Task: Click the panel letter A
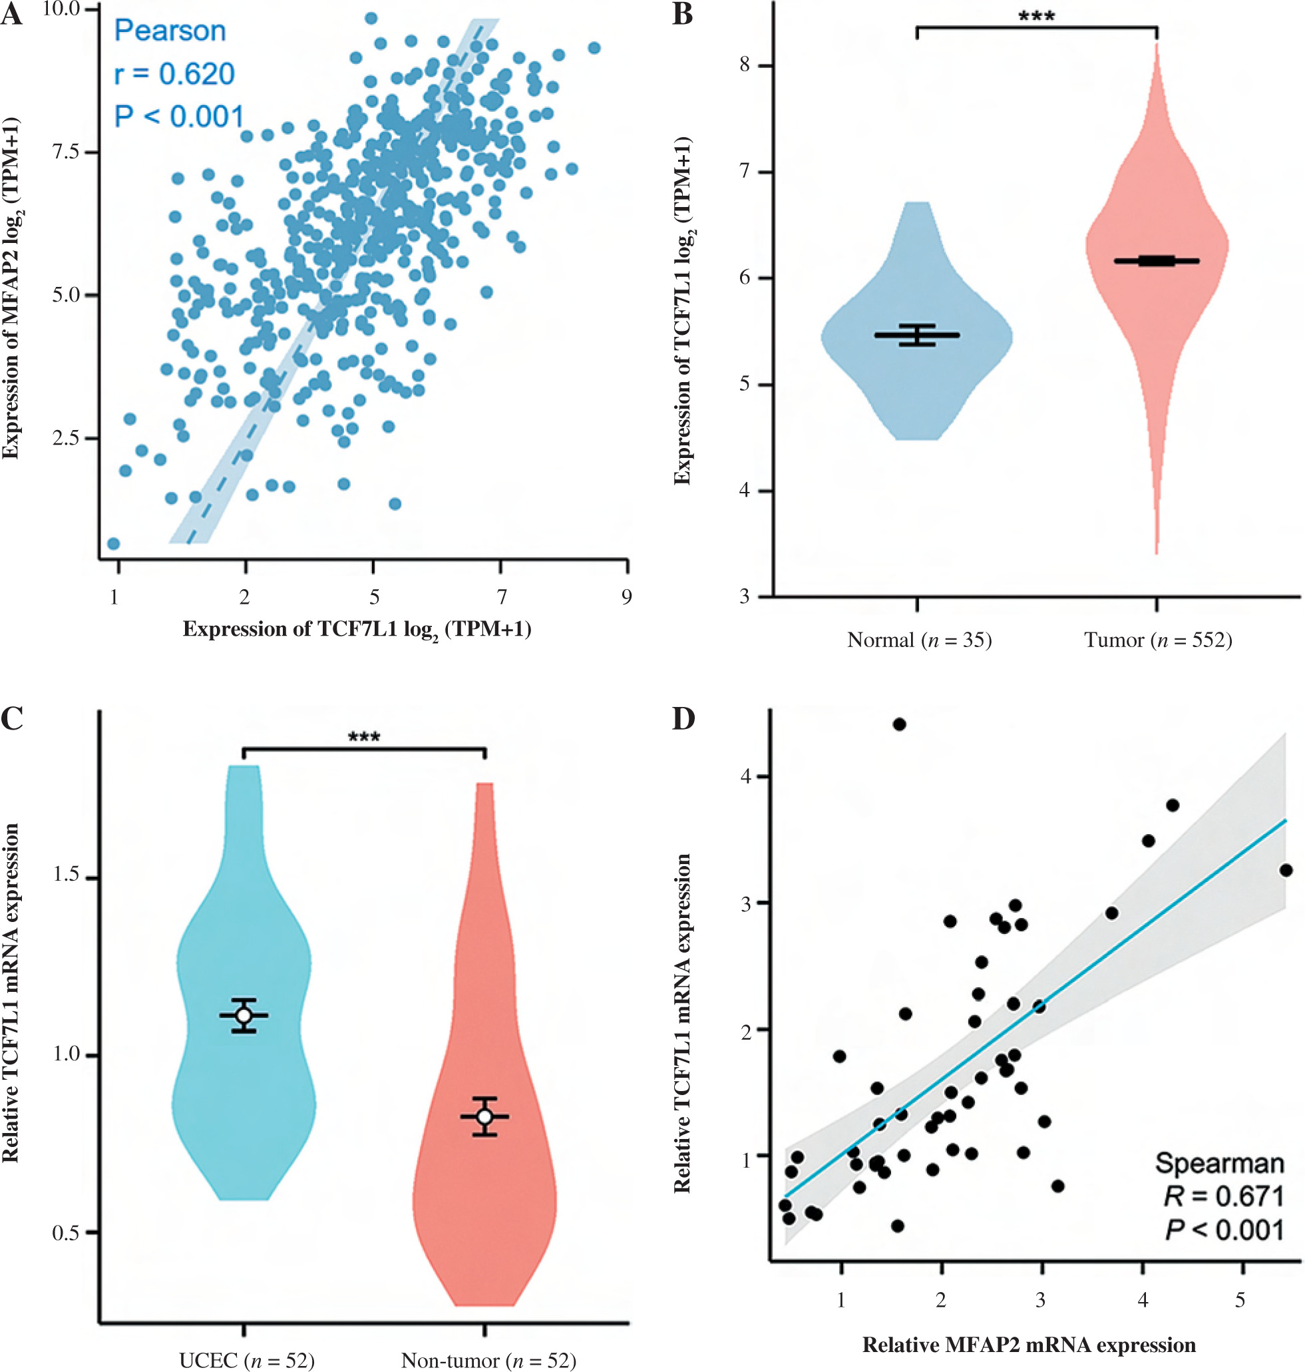point(11,15)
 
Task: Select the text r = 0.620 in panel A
point(174,74)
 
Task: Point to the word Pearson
point(170,31)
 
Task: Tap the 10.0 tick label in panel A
point(62,9)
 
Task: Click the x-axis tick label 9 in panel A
point(627,596)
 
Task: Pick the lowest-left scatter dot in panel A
point(113,543)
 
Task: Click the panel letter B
point(682,15)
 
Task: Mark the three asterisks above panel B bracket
point(1037,16)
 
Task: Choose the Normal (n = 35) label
point(919,639)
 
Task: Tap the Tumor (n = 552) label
point(1157,639)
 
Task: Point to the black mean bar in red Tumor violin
point(1156,261)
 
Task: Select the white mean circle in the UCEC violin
point(244,1016)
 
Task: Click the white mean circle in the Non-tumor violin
point(485,1116)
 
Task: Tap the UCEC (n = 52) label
point(246,1359)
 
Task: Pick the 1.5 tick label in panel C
point(66,875)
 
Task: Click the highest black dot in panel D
point(899,724)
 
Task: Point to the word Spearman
point(1218,1162)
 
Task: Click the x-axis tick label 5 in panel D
point(1240,1299)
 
